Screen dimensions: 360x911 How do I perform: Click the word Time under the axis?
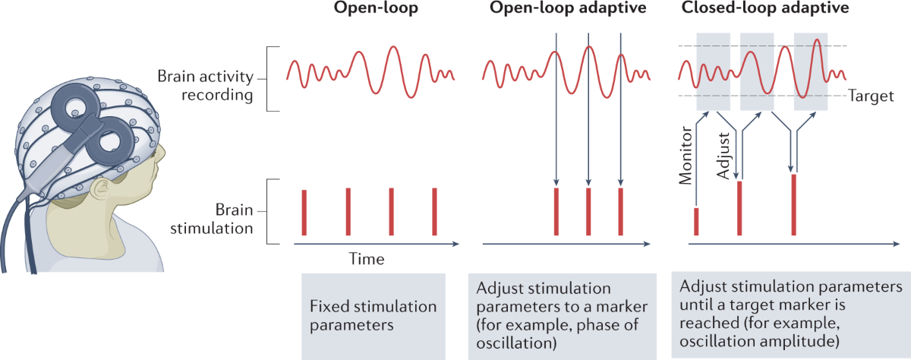366,259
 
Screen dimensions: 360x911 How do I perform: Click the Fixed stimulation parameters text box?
374,316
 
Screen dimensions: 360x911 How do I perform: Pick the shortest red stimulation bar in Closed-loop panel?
696,222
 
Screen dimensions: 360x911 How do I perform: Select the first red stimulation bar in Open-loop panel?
304,213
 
